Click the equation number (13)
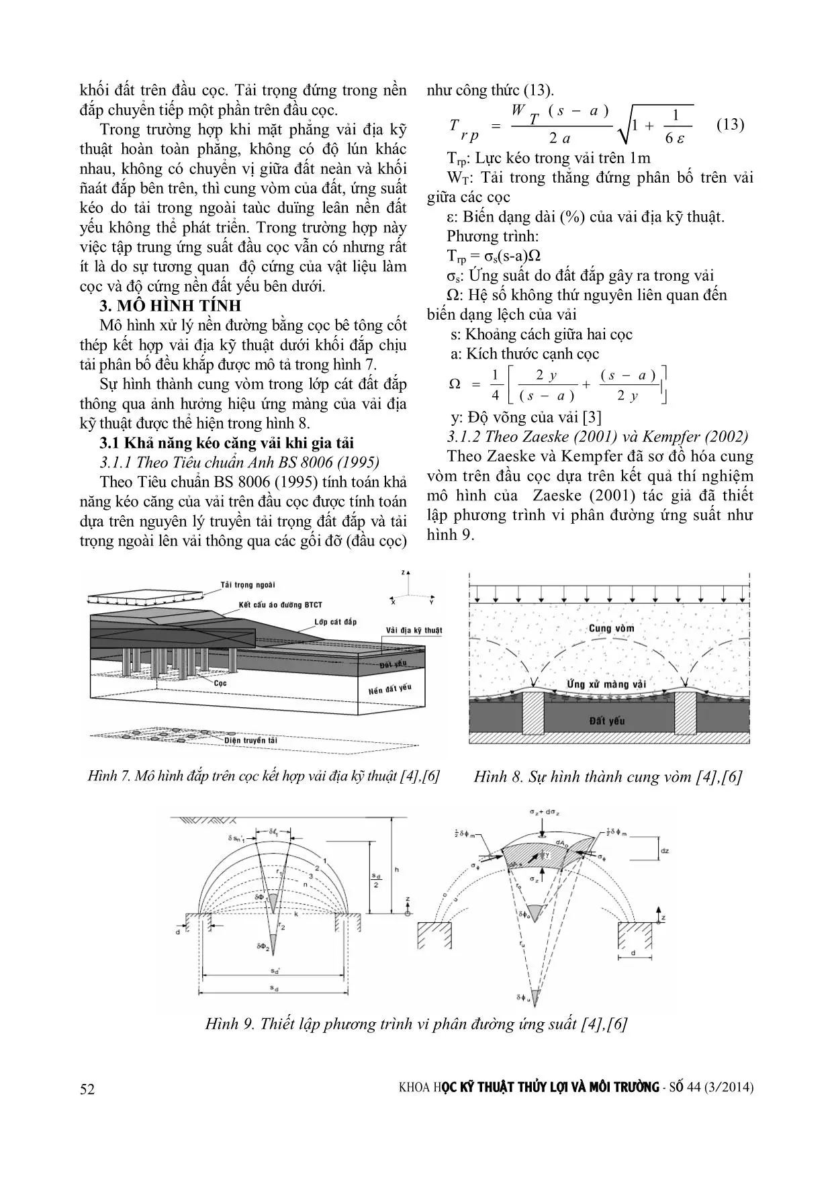731,125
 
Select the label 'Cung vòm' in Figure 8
610,629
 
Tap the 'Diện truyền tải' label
251,740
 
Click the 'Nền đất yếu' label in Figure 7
389,689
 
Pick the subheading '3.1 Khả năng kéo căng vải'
226,443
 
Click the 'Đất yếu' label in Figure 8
606,721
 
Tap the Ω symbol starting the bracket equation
455,384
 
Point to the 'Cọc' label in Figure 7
219,681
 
